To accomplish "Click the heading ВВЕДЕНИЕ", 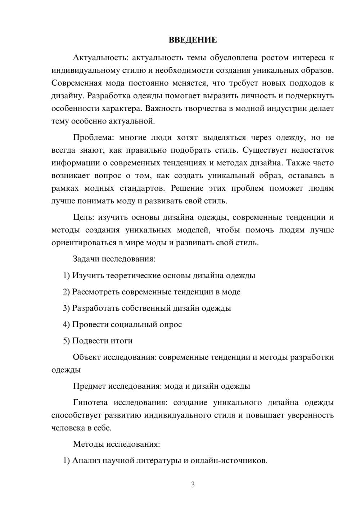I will [193, 40].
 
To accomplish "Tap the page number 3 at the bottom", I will [193, 485].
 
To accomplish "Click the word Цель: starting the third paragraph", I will [84, 217].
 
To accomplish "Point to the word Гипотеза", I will [90, 402].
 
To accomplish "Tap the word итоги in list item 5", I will [122, 341].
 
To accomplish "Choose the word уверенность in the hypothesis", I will [311, 415].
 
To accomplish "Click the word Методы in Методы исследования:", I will [88, 444].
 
